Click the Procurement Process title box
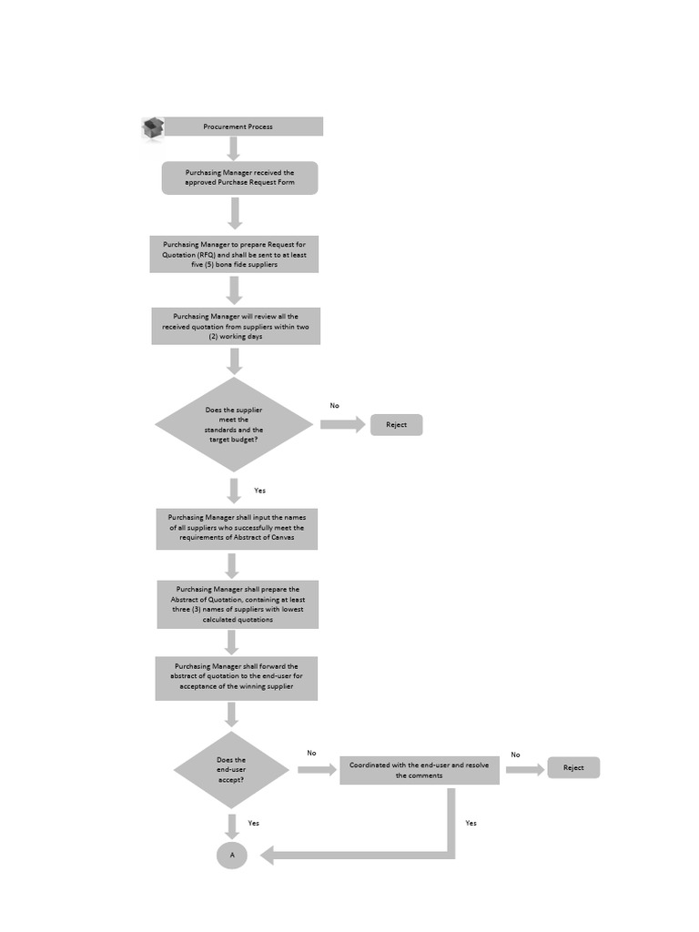click(x=238, y=127)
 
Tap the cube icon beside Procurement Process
click(x=153, y=128)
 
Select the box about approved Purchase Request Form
click(x=239, y=177)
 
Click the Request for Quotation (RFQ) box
click(x=235, y=254)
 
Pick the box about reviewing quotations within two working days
click(x=236, y=326)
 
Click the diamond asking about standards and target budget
click(x=234, y=424)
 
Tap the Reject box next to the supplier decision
click(x=396, y=425)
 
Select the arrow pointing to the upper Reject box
click(x=342, y=425)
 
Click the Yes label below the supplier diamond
click(x=259, y=491)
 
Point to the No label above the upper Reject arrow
click(x=334, y=406)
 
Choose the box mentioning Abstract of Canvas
click(x=237, y=528)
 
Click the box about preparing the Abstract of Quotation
click(x=237, y=604)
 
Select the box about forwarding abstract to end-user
click(x=236, y=679)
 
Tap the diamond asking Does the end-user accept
click(x=231, y=770)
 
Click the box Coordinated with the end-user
click(x=419, y=770)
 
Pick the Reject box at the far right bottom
click(x=572, y=768)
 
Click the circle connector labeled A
click(x=232, y=856)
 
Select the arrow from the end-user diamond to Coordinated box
click(x=316, y=770)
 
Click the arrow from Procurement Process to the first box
click(x=234, y=148)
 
